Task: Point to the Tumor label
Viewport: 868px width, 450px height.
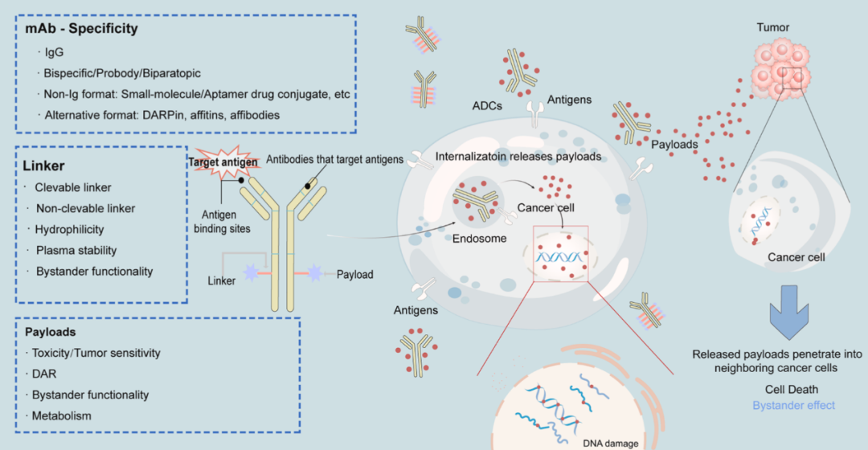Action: pos(772,27)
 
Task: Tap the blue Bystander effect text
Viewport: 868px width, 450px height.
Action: pos(793,405)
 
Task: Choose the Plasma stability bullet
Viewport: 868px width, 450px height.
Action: pos(76,251)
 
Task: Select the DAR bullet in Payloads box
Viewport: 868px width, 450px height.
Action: pos(44,374)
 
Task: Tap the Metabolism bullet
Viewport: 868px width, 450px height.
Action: pos(62,415)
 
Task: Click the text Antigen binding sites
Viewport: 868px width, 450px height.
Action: pos(223,222)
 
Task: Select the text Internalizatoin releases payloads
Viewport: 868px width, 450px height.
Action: pos(518,157)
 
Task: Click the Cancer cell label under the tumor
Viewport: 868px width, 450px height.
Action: pos(796,257)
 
